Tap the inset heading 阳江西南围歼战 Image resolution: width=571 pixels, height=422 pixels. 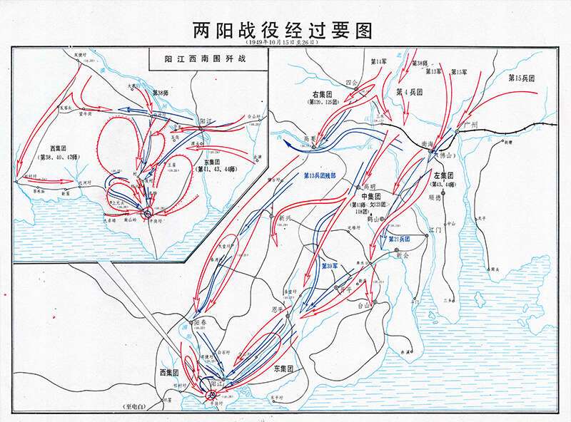pyautogui.click(x=205, y=59)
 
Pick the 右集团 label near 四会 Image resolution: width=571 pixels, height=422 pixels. pyautogui.click(x=324, y=94)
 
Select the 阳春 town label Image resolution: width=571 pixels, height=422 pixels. pyautogui.click(x=202, y=322)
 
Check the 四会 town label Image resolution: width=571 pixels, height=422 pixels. pyautogui.click(x=350, y=83)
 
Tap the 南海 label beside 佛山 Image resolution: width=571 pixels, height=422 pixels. pyautogui.click(x=428, y=142)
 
